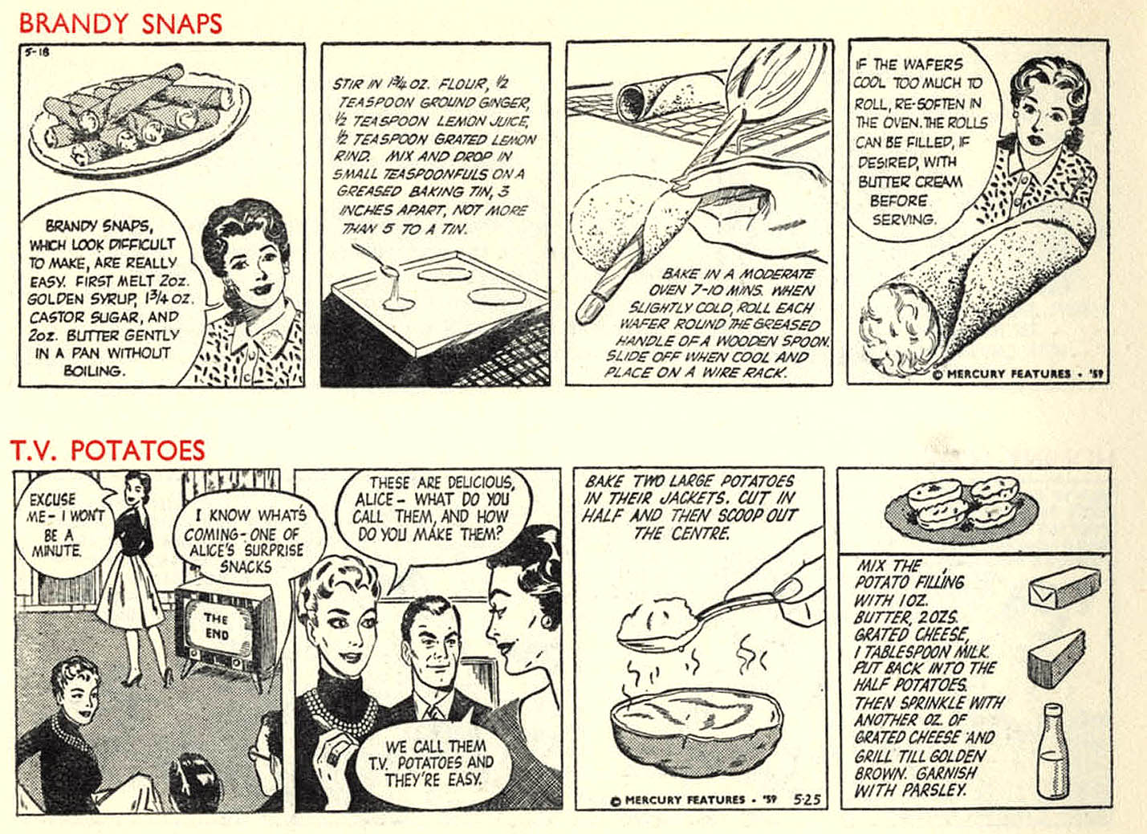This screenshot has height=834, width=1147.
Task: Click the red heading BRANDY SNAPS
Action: coord(120,23)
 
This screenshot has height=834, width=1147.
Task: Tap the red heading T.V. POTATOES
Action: coord(108,450)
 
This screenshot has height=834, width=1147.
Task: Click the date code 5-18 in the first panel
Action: coord(36,51)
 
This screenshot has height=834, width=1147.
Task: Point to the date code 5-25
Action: coord(807,799)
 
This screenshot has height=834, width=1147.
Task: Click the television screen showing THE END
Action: coord(217,627)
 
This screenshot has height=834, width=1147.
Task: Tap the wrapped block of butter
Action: coord(1064,588)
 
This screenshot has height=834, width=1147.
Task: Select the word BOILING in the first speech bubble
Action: coord(95,371)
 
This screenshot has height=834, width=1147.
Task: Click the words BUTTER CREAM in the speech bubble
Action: coord(910,181)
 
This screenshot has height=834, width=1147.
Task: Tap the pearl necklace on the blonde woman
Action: coord(339,706)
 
